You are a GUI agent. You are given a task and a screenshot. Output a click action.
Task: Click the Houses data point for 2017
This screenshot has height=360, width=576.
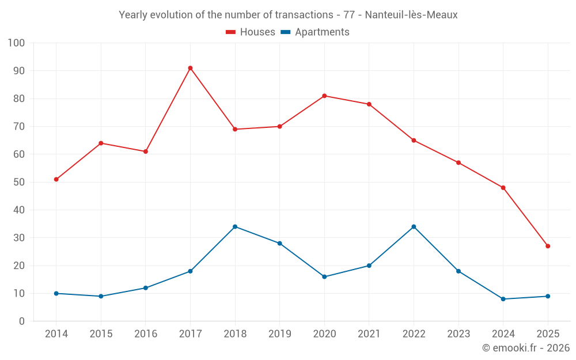tap(190, 68)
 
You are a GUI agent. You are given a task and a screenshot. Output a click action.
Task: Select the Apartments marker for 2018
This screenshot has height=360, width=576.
tap(235, 226)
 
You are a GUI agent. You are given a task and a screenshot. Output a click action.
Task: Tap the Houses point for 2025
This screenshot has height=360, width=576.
tap(548, 246)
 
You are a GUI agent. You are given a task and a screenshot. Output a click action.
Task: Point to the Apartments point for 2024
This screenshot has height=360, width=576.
tap(503, 299)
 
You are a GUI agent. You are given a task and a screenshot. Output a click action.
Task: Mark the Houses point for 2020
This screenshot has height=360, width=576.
tap(324, 96)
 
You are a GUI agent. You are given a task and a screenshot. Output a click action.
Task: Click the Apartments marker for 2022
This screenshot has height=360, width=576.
tap(414, 226)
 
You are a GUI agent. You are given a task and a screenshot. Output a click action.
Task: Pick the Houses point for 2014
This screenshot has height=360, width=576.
tap(56, 179)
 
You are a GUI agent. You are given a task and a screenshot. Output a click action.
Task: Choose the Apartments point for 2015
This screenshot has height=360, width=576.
tap(101, 296)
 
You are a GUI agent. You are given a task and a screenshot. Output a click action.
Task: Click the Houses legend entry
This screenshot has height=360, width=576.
tap(251, 32)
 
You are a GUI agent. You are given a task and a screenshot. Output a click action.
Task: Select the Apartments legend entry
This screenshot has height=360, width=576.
tap(315, 32)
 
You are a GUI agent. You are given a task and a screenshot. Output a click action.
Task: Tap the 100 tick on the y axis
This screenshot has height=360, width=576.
tap(17, 43)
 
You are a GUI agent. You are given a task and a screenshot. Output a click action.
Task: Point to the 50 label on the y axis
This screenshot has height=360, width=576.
tap(19, 182)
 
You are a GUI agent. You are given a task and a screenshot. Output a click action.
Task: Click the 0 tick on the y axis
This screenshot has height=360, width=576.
tap(22, 321)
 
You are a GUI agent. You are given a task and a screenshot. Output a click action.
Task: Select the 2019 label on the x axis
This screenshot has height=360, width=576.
tap(279, 334)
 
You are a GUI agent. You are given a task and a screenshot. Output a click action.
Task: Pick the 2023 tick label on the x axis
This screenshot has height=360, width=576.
tap(458, 334)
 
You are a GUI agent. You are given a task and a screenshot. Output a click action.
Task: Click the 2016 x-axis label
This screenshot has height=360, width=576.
tap(146, 334)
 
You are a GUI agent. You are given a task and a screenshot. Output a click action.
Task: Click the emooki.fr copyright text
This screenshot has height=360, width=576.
tap(526, 348)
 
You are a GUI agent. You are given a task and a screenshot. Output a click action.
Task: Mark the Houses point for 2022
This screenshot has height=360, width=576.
tap(414, 141)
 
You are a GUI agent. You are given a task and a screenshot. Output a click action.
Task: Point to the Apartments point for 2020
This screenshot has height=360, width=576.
tap(324, 276)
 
